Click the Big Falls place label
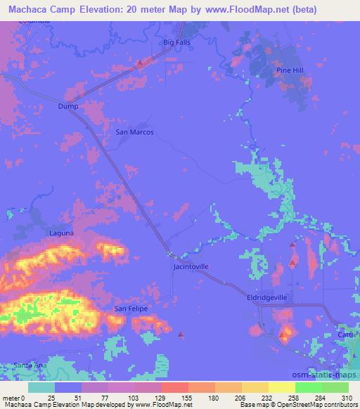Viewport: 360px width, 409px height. pyautogui.click(x=177, y=43)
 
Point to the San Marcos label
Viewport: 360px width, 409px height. pyautogui.click(x=134, y=131)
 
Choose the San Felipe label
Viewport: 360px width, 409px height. pyautogui.click(x=131, y=309)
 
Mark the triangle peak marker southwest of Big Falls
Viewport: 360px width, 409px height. pyautogui.click(x=139, y=63)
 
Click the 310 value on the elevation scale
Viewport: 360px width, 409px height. pyautogui.click(x=347, y=397)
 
